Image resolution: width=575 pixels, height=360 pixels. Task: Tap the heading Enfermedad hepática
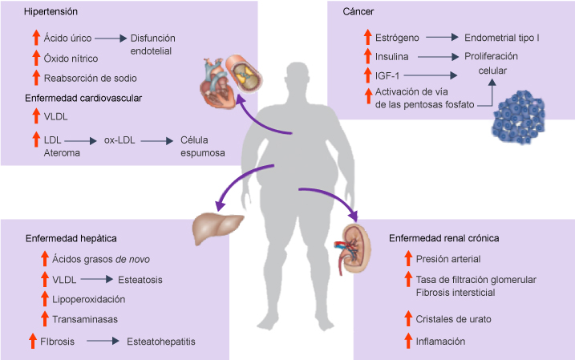coord(71,238)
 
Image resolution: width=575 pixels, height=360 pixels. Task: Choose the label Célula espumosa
coord(203,147)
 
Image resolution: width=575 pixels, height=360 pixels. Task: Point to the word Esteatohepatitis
coord(161,342)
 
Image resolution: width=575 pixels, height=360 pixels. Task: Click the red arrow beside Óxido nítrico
coord(35,58)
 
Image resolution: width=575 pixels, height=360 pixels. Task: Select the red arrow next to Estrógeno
coord(367,37)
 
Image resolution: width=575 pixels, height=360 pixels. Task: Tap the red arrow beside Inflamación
coord(408,341)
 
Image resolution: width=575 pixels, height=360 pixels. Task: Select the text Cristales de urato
coord(453,319)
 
